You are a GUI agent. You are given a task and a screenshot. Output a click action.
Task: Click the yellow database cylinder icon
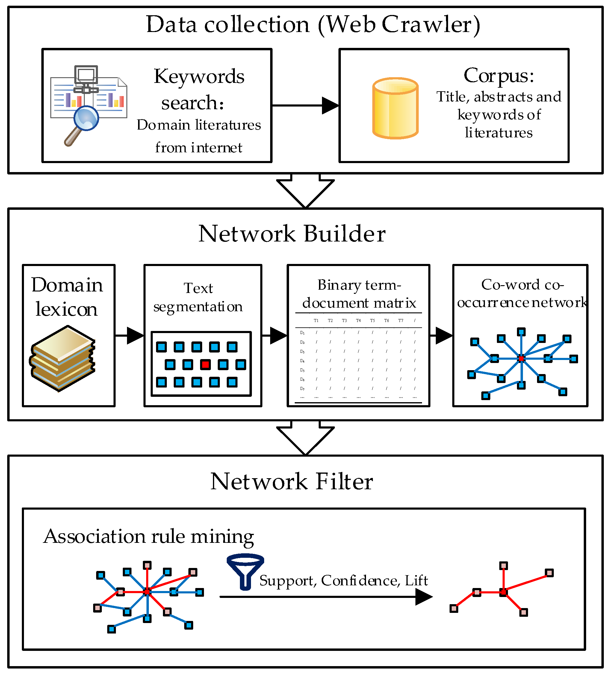click(x=395, y=108)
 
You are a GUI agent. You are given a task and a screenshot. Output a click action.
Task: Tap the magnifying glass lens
click(x=86, y=118)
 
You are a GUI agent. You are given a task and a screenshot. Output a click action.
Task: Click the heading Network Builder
click(x=292, y=234)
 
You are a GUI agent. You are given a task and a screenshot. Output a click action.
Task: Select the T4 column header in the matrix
click(x=358, y=320)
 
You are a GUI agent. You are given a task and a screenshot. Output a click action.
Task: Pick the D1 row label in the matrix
click(x=302, y=333)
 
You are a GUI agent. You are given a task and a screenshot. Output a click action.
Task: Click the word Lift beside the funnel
click(x=416, y=581)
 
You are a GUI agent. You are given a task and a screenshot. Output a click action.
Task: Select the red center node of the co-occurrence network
click(x=521, y=358)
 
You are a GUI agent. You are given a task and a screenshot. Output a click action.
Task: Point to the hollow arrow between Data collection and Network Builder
click(x=305, y=190)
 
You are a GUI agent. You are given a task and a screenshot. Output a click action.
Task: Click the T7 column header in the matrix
click(x=401, y=320)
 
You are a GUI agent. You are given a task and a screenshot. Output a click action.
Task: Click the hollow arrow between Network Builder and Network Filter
click(x=305, y=437)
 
